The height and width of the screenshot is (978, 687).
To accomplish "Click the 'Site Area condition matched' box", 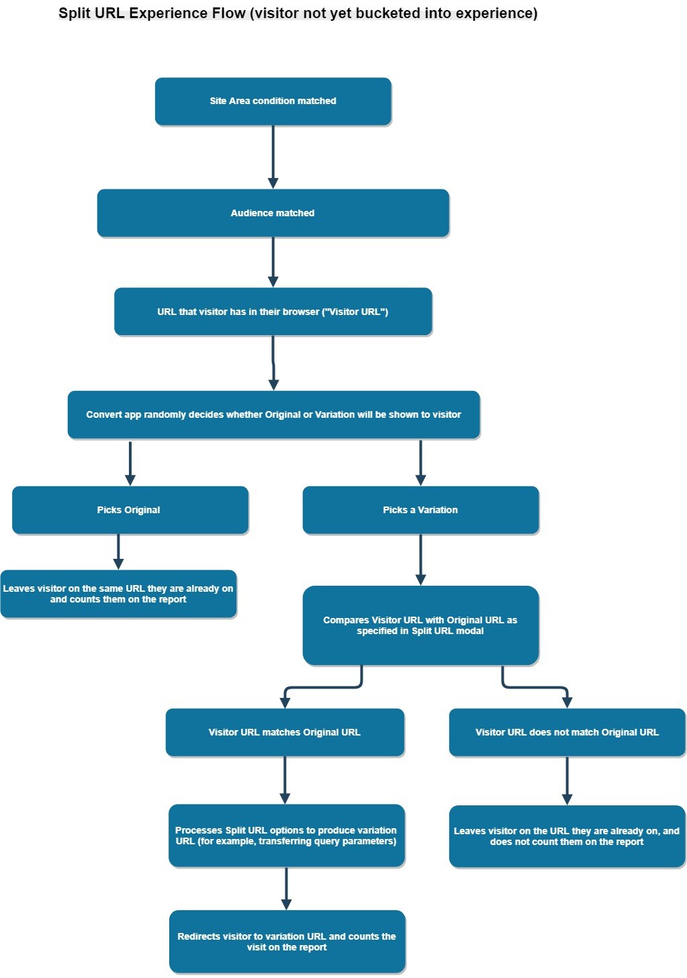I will [273, 101].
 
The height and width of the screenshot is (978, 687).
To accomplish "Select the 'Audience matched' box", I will [273, 213].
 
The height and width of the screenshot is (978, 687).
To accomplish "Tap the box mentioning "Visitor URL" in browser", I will [273, 312].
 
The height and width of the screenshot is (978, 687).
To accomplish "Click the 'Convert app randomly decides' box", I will [273, 414].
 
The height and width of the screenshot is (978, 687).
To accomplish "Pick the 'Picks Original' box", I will [130, 510].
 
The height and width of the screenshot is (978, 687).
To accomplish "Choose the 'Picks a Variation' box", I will [420, 510].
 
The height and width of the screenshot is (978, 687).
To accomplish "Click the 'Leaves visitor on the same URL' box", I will [118, 594].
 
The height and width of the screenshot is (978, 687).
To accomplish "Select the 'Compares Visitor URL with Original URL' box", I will [420, 625].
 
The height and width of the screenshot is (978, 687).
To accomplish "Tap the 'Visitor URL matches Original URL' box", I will [285, 732].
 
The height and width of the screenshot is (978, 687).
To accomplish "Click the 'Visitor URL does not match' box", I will [567, 732].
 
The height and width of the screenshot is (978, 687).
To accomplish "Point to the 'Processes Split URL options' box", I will [286, 836].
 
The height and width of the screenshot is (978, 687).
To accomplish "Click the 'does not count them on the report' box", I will [567, 836].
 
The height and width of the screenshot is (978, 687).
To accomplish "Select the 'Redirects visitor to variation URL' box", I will [287, 941].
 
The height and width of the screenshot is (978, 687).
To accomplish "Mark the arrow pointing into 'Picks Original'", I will [130, 463].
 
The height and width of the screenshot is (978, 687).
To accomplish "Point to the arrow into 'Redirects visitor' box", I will [286, 889].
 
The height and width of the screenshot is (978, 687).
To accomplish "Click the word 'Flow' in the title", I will [227, 13].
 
